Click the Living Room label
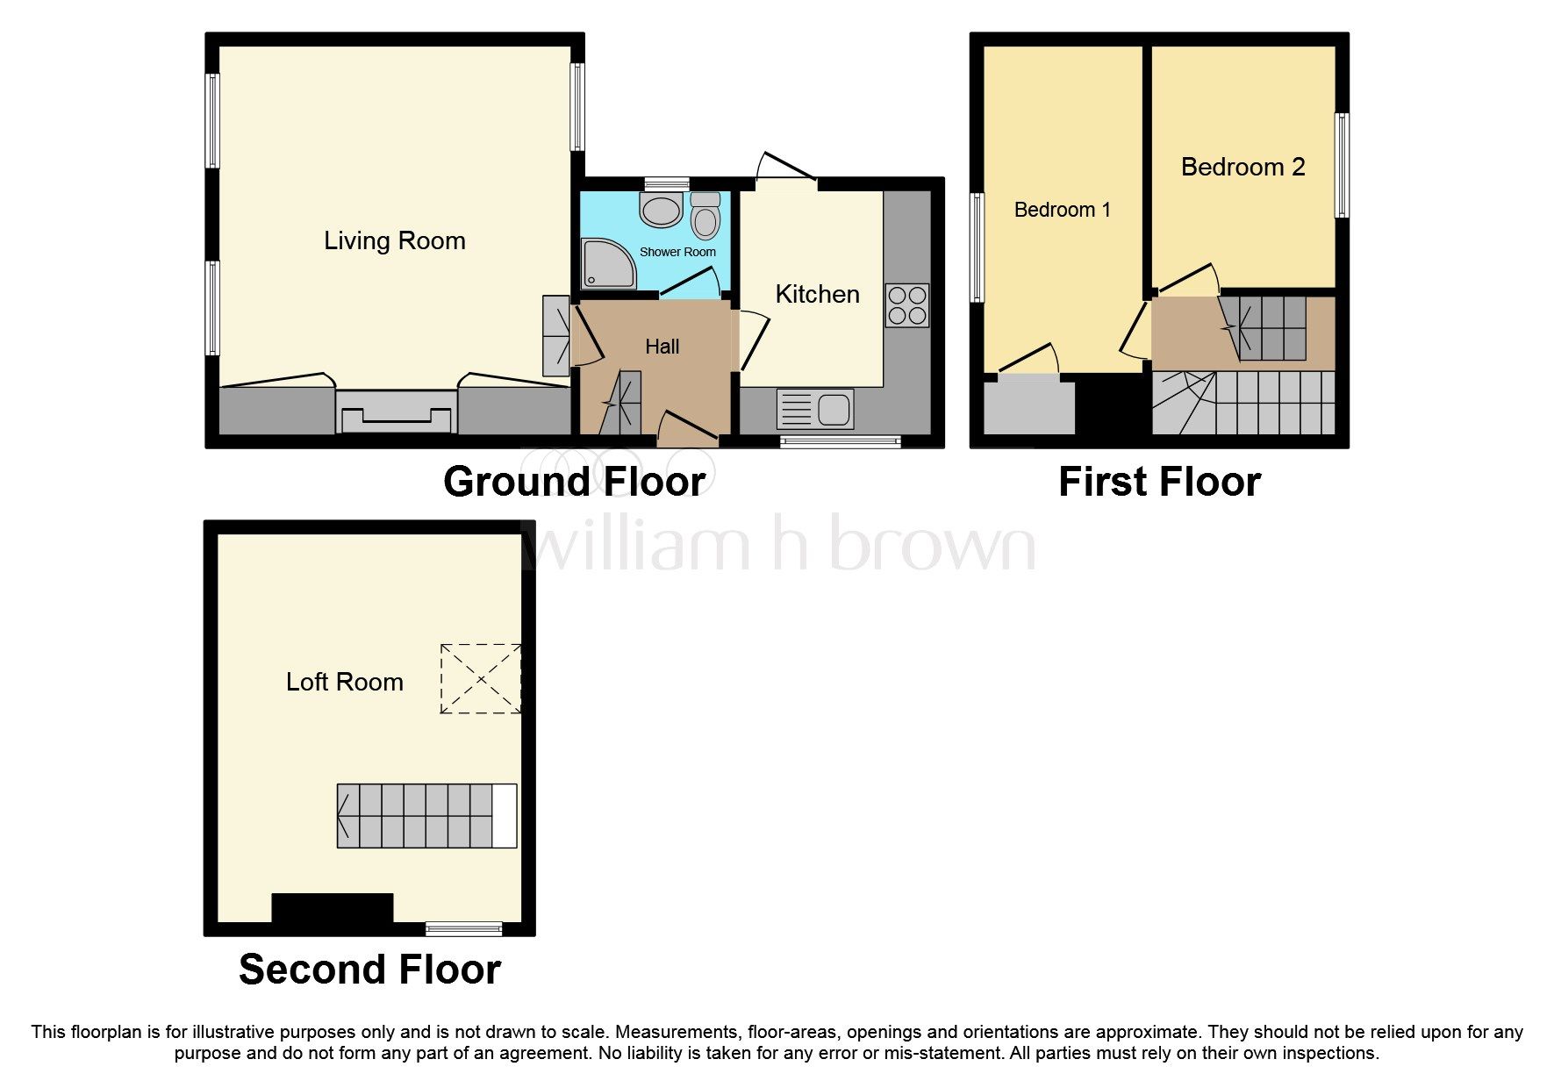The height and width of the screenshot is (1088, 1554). pos(394,240)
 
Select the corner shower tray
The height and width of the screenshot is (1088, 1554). pos(607,264)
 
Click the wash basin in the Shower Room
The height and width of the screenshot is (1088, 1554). pos(662,211)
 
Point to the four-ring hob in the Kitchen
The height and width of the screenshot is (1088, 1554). pos(906,305)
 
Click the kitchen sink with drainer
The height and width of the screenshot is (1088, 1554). pos(815,409)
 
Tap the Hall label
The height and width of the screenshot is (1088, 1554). pos(662,347)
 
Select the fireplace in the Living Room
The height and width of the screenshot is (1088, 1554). pos(397,412)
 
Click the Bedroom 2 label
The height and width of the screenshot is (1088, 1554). pos(1242,167)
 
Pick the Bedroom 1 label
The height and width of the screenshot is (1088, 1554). pos(1062,210)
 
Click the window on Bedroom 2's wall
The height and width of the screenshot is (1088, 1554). pos(1342,165)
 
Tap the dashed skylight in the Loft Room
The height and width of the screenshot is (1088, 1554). pos(480,678)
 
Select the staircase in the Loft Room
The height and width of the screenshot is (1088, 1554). pos(426,815)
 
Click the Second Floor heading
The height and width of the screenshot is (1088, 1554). pos(369,970)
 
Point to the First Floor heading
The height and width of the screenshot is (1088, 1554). pos(1159,482)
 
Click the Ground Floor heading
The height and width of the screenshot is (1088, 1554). pos(574,482)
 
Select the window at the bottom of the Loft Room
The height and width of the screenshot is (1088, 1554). pos(463,927)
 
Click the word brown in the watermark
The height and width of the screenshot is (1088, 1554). pos(932,544)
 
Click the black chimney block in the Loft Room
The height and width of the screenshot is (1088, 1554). pos(332,908)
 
